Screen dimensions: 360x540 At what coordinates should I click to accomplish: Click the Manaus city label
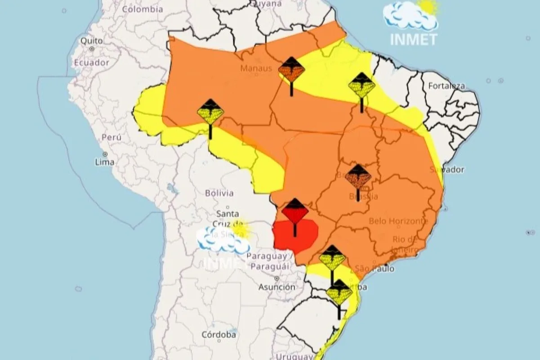256,68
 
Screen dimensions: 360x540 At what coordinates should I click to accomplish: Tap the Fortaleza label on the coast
446,85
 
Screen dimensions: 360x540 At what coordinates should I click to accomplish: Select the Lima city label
104,162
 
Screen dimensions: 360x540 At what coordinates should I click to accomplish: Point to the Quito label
92,41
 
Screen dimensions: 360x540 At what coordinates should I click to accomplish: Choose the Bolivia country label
219,193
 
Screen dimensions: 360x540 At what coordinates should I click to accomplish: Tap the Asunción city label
277,287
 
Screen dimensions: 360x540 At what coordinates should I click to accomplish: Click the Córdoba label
219,335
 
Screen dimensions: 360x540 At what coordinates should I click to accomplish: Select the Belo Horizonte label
398,221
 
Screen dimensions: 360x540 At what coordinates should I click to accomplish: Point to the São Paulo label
375,269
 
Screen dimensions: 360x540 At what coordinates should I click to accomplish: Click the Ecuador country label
92,63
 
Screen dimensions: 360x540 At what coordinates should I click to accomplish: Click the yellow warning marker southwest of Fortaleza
362,86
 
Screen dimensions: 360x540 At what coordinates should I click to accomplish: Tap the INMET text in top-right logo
413,40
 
